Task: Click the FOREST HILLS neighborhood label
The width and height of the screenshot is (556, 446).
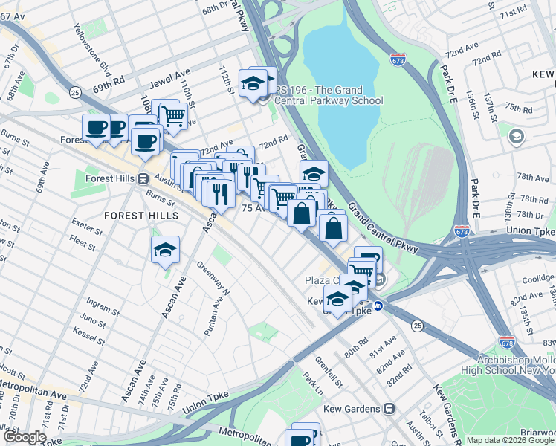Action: point(141,216)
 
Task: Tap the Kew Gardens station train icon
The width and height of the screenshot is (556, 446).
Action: point(389,409)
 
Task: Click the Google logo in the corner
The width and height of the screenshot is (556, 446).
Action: point(24,438)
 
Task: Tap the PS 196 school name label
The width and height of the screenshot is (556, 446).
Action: point(328,96)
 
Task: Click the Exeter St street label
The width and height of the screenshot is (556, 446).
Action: point(86,222)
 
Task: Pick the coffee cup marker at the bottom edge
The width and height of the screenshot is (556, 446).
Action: point(305,437)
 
